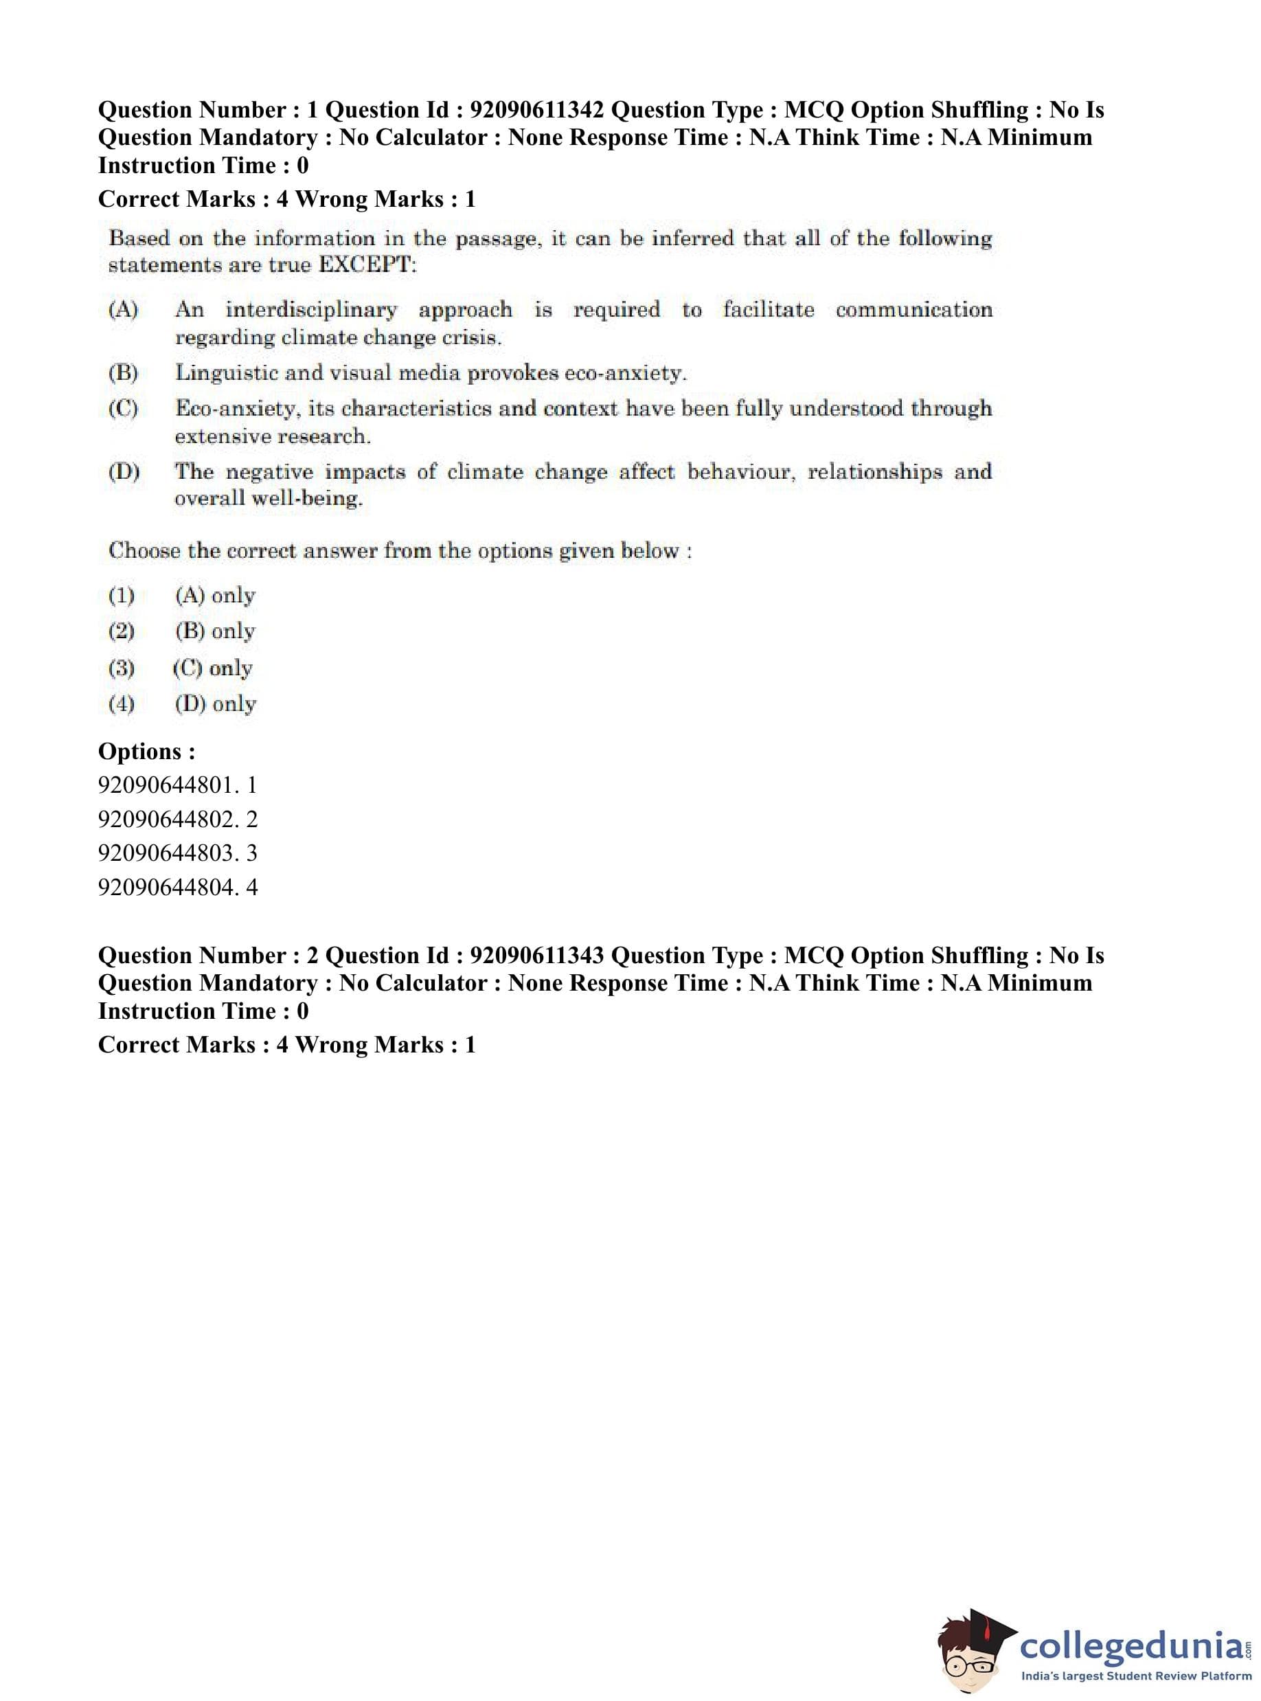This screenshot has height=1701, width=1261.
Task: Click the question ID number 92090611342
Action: [x=536, y=110]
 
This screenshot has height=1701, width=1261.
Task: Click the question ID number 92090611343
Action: [x=536, y=956]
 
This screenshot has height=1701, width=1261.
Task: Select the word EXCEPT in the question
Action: [x=366, y=266]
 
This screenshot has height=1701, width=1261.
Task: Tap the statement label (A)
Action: [x=123, y=310]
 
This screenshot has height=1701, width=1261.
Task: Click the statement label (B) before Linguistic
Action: [x=123, y=373]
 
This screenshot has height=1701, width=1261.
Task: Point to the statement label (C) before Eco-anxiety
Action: [x=123, y=409]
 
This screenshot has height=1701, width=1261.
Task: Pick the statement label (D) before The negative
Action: [x=124, y=472]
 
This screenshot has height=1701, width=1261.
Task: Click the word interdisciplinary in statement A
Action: [x=311, y=310]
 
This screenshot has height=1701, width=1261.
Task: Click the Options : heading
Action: [x=146, y=752]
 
